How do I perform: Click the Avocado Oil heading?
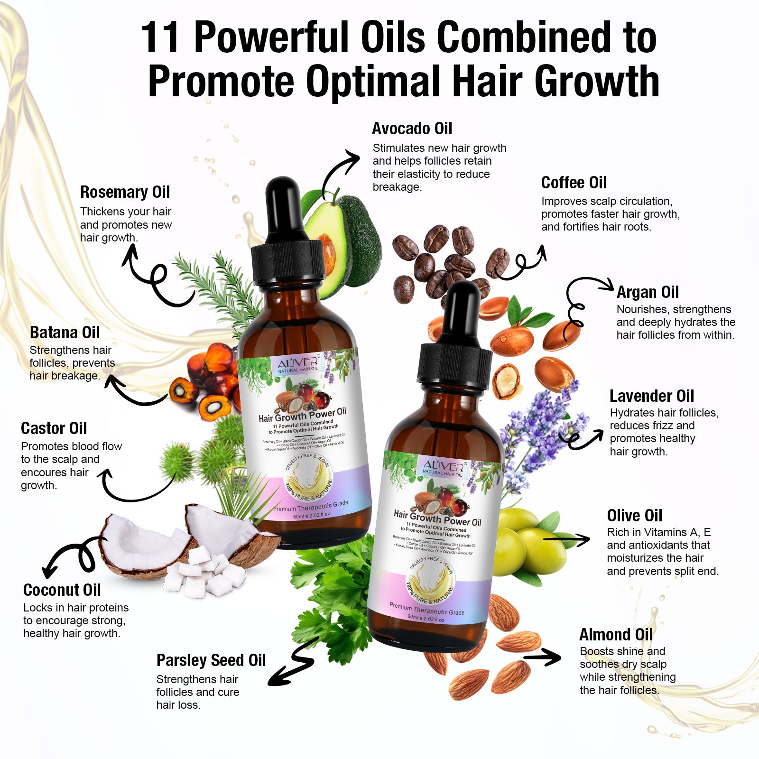click(412, 129)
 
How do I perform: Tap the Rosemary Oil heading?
click(125, 192)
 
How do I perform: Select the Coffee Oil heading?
click(574, 183)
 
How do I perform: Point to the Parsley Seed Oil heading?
click(211, 660)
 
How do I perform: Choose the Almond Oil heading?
click(616, 635)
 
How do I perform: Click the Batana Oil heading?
click(65, 333)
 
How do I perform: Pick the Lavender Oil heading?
click(651, 396)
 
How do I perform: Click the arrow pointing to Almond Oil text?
click(542, 657)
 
